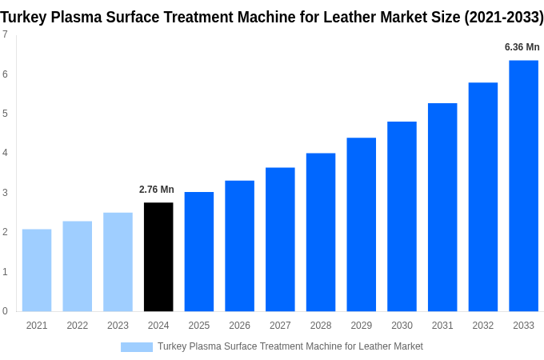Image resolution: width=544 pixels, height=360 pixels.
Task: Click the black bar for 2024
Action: click(x=158, y=257)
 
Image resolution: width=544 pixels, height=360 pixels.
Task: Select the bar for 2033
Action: click(x=523, y=186)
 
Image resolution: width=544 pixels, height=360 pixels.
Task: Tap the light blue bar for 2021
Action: click(x=37, y=270)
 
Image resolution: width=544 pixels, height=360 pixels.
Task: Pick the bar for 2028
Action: click(x=321, y=232)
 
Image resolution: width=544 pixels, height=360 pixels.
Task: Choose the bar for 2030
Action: click(x=402, y=216)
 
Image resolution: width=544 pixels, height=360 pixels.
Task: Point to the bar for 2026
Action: click(x=239, y=246)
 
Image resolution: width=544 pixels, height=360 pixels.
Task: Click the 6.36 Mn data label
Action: click(x=522, y=47)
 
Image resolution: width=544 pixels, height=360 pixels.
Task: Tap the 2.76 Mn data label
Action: click(x=156, y=190)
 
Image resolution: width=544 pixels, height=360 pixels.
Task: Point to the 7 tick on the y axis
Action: click(x=5, y=34)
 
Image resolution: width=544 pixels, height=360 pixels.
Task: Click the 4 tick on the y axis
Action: click(x=5, y=153)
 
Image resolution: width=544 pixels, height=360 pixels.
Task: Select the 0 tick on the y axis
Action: click(x=5, y=311)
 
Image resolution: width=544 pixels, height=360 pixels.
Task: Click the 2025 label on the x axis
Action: click(x=199, y=326)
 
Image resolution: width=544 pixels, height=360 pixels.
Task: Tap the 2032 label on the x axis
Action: click(x=482, y=326)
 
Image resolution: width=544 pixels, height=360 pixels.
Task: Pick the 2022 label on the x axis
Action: click(x=78, y=326)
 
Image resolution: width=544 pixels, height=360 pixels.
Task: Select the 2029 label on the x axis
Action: click(x=361, y=326)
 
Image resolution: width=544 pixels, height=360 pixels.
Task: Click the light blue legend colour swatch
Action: click(x=136, y=346)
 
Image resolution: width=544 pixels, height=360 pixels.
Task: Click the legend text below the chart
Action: click(x=290, y=346)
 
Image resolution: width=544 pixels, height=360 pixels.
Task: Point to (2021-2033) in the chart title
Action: click(x=503, y=17)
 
